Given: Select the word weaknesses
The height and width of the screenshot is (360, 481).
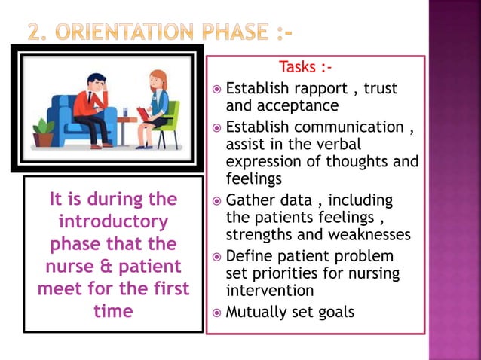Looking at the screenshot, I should pos(369,235).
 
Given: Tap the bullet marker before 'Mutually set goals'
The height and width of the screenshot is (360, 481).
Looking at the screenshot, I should pos(216,312).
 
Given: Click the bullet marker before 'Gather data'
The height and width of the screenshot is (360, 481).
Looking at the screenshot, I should pos(216,201).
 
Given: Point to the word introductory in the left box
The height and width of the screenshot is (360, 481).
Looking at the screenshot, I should pos(113,223).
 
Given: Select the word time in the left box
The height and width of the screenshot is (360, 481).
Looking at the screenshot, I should pos(113,310).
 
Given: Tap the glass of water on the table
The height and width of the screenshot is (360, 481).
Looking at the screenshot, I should pos(125,111).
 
